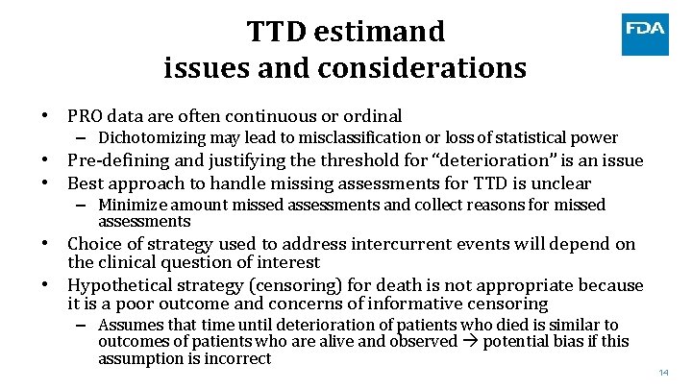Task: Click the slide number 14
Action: click(x=664, y=373)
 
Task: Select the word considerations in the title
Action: click(x=422, y=69)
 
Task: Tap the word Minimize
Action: click(x=131, y=205)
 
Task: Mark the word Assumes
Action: click(x=129, y=325)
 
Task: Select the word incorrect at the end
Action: click(x=236, y=359)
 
